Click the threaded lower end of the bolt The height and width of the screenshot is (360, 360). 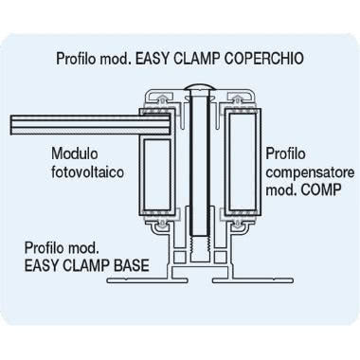pyautogui.click(x=198, y=255)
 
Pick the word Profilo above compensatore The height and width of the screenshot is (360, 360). pyautogui.click(x=283, y=153)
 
